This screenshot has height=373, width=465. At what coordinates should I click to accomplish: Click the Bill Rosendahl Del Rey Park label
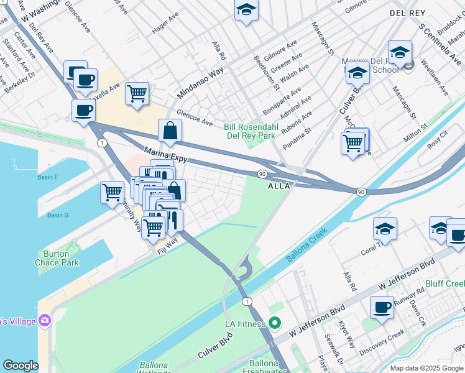pos(249,131)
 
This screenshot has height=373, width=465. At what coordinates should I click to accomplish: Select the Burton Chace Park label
pos(60,258)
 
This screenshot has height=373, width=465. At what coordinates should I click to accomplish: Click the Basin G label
pos(58,215)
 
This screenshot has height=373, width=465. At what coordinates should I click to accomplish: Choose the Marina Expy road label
pos(166,155)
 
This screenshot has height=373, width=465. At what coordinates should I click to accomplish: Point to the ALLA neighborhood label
pos(279,186)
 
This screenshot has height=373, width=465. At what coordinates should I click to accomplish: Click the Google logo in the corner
pos(21,366)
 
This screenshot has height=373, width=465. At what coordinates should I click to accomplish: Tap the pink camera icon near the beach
pos(44,321)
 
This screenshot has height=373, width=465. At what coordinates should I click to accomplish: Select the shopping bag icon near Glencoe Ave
pos(170,131)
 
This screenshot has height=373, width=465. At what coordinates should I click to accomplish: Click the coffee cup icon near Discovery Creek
pos(382,306)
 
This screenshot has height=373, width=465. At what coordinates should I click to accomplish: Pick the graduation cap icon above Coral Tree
pos(385,228)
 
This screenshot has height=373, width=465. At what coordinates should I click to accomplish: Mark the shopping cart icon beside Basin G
pos(112,191)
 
